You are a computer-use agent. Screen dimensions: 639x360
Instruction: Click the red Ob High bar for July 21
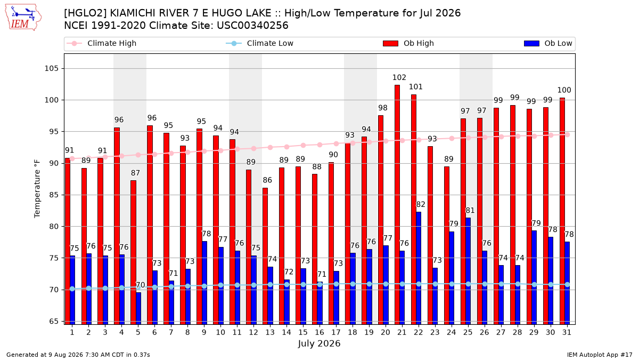tap(397, 205)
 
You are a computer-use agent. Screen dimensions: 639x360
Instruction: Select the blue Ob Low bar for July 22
tap(419, 268)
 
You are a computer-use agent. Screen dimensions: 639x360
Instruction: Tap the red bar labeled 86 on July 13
tap(265, 256)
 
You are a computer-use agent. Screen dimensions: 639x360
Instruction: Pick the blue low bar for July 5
tap(138, 308)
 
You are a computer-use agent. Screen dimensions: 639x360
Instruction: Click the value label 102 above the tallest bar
tap(399, 77)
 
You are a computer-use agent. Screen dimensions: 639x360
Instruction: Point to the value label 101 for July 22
tap(416, 87)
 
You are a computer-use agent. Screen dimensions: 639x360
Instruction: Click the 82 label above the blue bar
tap(421, 205)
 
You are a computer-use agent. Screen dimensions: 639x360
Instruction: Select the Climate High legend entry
tap(101, 43)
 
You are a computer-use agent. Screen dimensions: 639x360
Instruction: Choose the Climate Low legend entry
tap(260, 43)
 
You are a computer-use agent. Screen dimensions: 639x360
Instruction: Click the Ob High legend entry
tap(408, 43)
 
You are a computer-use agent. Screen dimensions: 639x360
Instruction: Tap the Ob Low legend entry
tap(548, 43)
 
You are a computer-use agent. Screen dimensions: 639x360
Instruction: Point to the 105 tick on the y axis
tap(51, 69)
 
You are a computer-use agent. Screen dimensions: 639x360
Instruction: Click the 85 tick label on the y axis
tap(54, 195)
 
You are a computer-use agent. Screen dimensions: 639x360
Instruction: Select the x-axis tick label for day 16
tap(319, 333)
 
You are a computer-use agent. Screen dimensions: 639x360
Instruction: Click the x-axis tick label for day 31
tap(567, 333)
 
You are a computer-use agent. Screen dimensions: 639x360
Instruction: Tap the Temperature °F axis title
tap(37, 189)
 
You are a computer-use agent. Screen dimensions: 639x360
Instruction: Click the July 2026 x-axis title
tap(319, 343)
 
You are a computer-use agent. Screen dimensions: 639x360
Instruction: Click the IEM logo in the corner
tap(23, 18)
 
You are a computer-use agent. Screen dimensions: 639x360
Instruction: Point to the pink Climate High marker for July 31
tap(568, 135)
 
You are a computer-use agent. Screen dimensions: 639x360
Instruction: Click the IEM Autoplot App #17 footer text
tap(600, 355)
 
